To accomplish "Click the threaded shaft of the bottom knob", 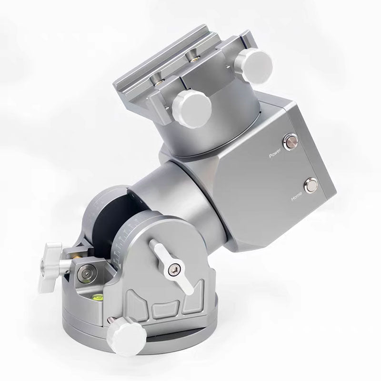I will (110, 321).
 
